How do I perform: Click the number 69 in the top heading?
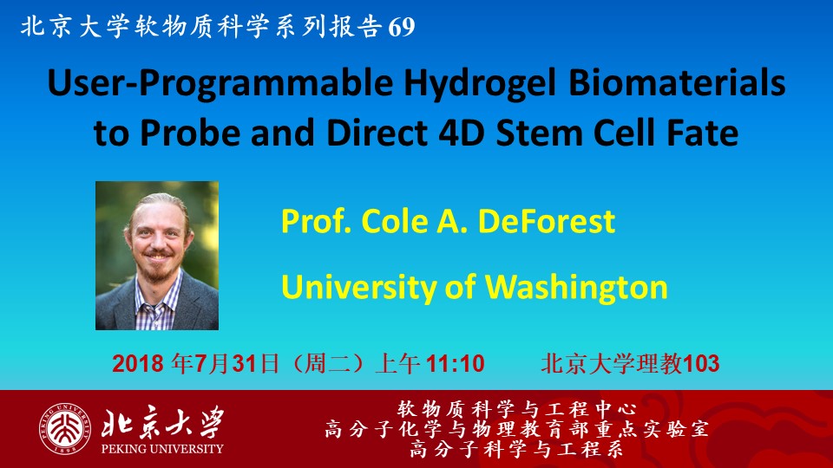[x=402, y=27]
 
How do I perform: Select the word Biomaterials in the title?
[x=677, y=83]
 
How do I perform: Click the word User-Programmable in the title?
[x=220, y=84]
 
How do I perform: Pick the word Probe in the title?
[x=190, y=133]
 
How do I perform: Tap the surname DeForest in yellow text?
[x=547, y=221]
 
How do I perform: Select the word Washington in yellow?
[x=576, y=288]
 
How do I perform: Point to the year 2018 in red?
[x=138, y=364]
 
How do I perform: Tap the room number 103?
[x=701, y=364]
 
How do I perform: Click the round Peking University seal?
[x=64, y=429]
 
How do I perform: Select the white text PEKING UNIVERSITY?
[x=162, y=449]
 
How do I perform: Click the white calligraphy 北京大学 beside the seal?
[x=162, y=423]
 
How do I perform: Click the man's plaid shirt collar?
[x=158, y=292]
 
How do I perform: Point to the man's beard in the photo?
[x=157, y=268]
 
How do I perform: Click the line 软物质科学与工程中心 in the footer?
[x=517, y=409]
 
